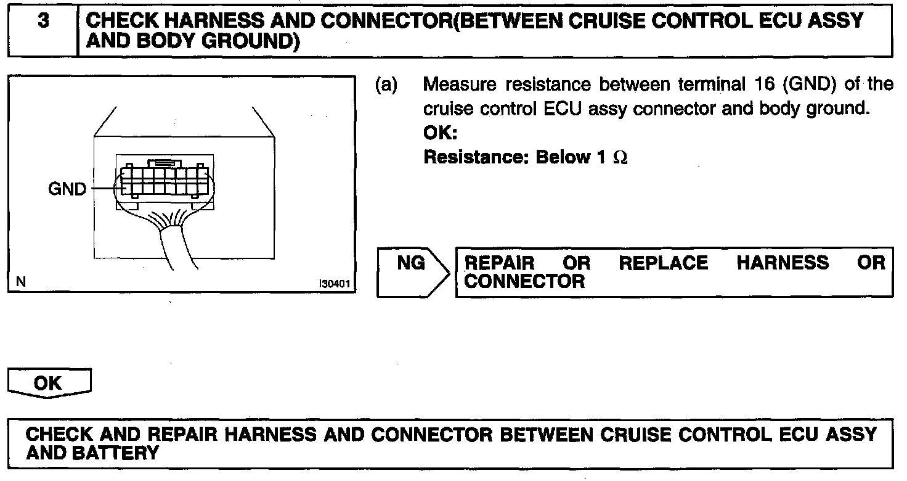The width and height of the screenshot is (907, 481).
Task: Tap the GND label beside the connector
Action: point(67,189)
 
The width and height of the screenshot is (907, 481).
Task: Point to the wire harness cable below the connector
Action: point(179,247)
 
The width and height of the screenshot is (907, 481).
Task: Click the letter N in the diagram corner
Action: point(21,283)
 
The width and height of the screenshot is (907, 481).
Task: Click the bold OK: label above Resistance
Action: point(440,133)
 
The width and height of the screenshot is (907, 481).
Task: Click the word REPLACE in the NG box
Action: point(663,264)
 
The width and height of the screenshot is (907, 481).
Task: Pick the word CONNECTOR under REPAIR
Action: point(524,282)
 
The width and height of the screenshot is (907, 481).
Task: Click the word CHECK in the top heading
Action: point(122,22)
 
